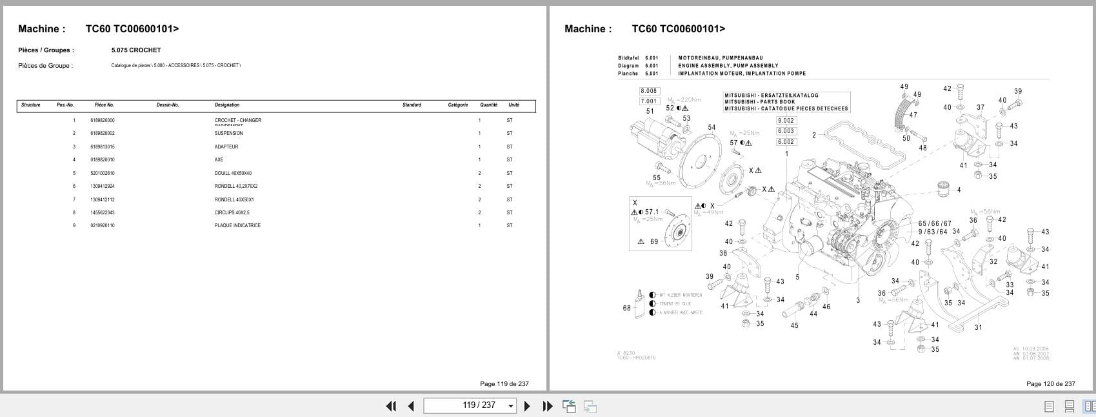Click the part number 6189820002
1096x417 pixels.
(x=102, y=134)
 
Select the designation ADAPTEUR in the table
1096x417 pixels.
(x=226, y=147)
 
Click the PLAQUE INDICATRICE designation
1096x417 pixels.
(x=237, y=226)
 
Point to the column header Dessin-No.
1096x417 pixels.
(x=168, y=105)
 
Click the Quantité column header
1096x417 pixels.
(x=488, y=105)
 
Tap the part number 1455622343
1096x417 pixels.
(x=102, y=212)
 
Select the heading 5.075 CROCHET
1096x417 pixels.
(x=136, y=50)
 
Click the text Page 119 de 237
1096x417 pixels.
(x=504, y=384)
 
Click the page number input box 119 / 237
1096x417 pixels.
(x=470, y=405)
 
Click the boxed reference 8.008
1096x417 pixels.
(x=648, y=92)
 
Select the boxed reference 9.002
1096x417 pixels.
(x=786, y=121)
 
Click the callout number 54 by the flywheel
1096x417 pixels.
(x=712, y=127)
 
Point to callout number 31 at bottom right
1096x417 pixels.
(x=978, y=327)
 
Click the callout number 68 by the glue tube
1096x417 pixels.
(x=626, y=308)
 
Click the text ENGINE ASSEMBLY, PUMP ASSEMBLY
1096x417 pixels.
(x=728, y=66)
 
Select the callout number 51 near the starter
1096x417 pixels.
(x=650, y=111)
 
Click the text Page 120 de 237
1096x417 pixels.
(x=1050, y=384)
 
